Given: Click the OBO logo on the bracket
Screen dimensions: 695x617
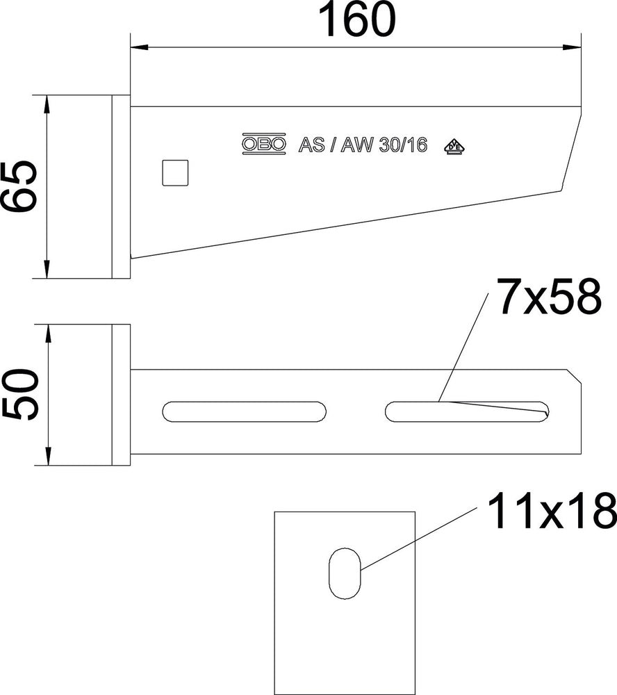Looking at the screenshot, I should click(x=264, y=143).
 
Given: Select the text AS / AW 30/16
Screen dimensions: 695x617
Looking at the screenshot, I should click(x=362, y=145).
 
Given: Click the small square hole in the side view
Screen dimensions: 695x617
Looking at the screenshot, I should click(x=175, y=172).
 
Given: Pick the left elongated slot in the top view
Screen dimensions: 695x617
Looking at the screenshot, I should click(x=244, y=411).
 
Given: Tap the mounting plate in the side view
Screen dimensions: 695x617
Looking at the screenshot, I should click(x=120, y=186).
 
